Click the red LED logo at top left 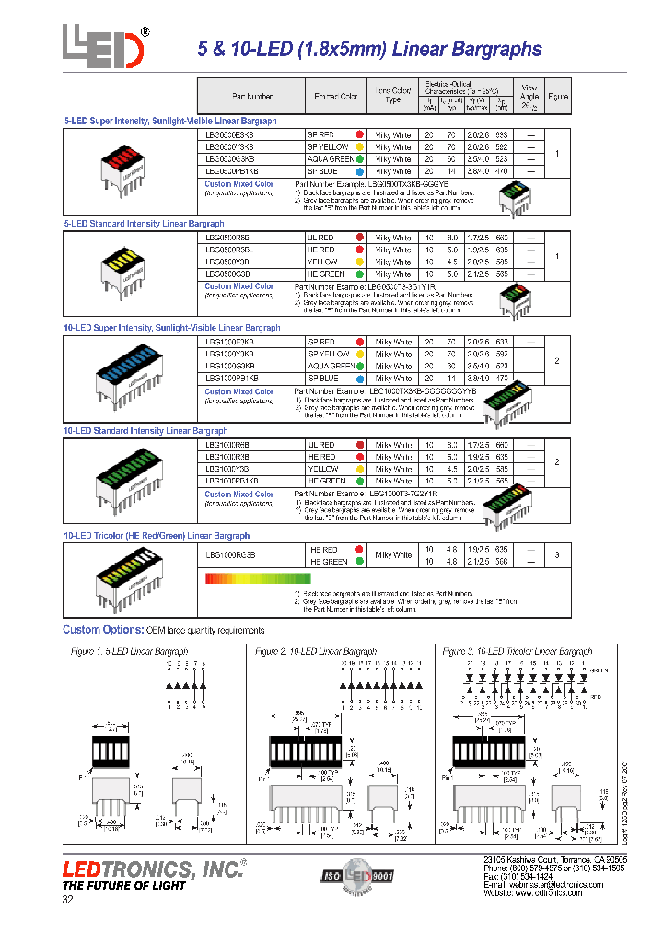click(x=104, y=45)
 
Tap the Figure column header click(x=558, y=96)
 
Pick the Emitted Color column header click(x=335, y=96)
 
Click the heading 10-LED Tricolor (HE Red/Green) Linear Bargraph click(x=157, y=535)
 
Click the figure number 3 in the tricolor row click(x=557, y=555)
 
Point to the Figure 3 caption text click(x=517, y=651)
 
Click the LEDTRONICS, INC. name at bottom click(x=153, y=868)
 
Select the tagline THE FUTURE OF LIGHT click(x=123, y=886)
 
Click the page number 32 click(x=67, y=901)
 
